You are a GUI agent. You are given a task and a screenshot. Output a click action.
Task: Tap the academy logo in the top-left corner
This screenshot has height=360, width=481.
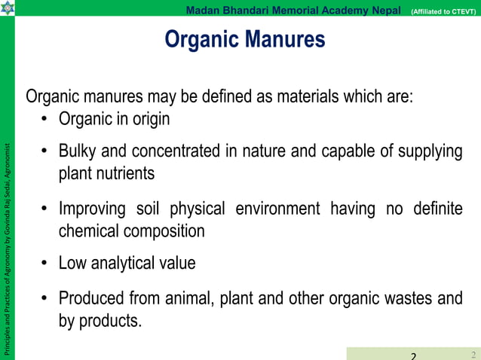coord(8,8)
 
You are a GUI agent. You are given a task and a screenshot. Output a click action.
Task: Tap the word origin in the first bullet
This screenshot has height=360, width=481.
coord(149,119)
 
